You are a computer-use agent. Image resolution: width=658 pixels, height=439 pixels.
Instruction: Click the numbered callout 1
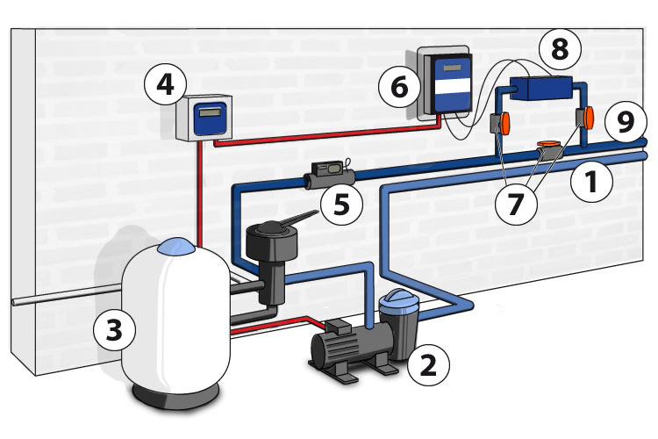pos(590,184)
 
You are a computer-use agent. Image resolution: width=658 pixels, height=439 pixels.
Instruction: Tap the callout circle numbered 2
pos(428,363)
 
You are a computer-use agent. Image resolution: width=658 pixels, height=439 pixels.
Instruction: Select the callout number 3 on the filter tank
pos(115,329)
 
